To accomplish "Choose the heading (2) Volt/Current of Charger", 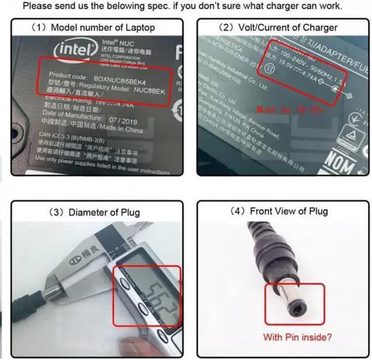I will click(x=278, y=27).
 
